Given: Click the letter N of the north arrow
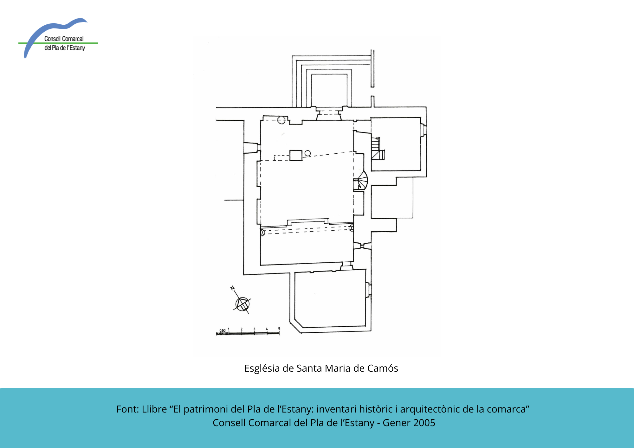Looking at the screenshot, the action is (x=232, y=288).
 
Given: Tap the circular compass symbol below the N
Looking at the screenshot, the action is (x=243, y=304).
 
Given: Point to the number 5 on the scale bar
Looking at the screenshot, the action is (x=279, y=329).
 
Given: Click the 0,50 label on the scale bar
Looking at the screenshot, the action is (x=223, y=330).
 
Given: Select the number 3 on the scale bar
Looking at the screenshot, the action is (x=254, y=329).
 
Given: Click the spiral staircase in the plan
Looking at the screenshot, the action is (x=361, y=181).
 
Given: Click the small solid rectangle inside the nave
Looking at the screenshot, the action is (x=296, y=155).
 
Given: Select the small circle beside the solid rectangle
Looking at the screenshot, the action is (x=307, y=153).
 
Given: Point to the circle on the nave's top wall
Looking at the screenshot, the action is (x=281, y=120).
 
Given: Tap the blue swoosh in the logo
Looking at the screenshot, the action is (x=51, y=32).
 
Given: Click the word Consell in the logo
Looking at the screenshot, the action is (x=52, y=39).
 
